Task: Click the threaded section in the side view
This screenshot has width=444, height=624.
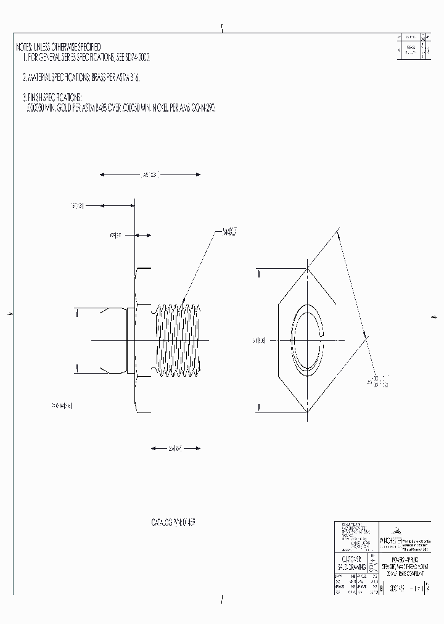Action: [x=176, y=340]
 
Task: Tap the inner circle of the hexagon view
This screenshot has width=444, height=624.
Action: [x=308, y=340]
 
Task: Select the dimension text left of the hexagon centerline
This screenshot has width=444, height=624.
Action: [x=259, y=340]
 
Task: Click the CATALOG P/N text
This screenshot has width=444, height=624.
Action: [x=173, y=522]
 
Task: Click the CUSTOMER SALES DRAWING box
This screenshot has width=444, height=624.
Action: [x=350, y=562]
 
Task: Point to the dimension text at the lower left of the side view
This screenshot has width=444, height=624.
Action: [x=62, y=405]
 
